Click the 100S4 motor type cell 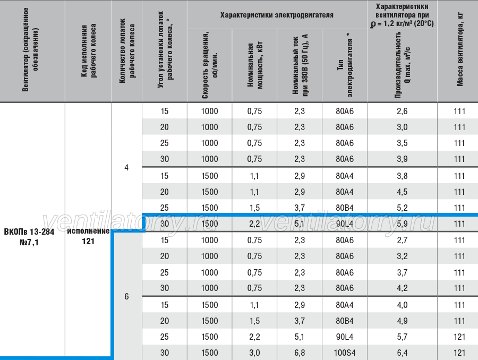(x=345, y=353)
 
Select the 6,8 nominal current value (x=300, y=353)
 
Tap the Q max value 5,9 (x=402, y=224)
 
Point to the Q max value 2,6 (x=402, y=112)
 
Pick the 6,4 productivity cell (x=402, y=353)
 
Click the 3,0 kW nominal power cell (x=254, y=353)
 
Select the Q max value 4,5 (x=402, y=192)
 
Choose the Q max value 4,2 (x=402, y=288)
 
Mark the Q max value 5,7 (x=402, y=337)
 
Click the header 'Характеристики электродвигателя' (x=277, y=15)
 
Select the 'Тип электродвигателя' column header (x=345, y=65)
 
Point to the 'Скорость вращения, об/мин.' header (x=209, y=65)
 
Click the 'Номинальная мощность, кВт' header (x=254, y=65)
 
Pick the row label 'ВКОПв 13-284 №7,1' (x=29, y=237)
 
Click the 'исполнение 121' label (x=88, y=236)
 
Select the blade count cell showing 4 (x=126, y=168)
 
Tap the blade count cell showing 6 (x=126, y=297)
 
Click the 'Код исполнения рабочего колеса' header (x=88, y=50)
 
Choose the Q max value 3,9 (x=402, y=159)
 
